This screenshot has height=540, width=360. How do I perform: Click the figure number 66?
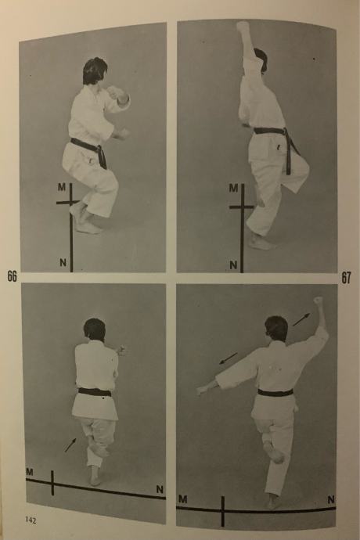click(12, 275)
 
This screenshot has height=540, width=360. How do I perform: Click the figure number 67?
click(346, 278)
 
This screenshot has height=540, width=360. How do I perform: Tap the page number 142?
click(31, 520)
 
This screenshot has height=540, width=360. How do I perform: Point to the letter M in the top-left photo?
click(62, 187)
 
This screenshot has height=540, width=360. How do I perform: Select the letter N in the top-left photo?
click(63, 263)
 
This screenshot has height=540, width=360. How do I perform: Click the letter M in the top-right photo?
click(233, 188)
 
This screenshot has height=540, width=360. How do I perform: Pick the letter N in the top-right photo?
click(233, 265)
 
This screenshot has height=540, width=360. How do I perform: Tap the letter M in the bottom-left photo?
click(30, 472)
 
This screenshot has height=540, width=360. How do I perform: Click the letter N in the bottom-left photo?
click(160, 489)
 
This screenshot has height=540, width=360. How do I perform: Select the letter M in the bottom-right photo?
click(182, 499)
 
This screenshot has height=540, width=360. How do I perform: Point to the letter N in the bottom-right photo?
click(331, 499)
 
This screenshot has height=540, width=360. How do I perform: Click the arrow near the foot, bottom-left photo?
click(70, 445)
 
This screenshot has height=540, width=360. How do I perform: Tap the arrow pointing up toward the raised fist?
click(301, 319)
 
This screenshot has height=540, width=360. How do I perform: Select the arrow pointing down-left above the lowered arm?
click(229, 358)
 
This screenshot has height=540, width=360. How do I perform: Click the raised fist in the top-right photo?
click(243, 27)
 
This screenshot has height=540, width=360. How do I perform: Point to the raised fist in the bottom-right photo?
click(318, 301)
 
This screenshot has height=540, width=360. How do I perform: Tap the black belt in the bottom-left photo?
click(95, 392)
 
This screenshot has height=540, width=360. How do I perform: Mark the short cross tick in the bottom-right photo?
click(223, 511)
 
